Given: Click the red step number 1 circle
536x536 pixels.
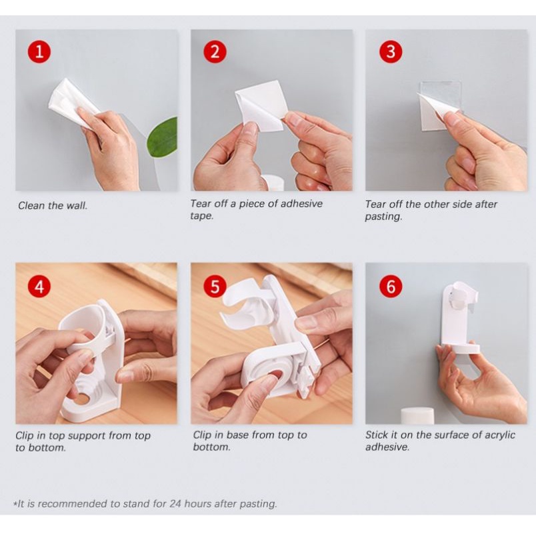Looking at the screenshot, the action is [x=39, y=51].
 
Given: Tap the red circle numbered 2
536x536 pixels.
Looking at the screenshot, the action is [x=215, y=51].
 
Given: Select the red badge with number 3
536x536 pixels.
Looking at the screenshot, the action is [x=391, y=51].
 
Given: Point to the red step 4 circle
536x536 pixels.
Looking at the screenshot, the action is [x=39, y=286].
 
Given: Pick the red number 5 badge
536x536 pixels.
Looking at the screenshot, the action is [x=215, y=286].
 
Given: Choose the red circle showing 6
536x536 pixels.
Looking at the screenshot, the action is [x=391, y=286].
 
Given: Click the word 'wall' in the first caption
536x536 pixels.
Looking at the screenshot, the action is [x=77, y=205].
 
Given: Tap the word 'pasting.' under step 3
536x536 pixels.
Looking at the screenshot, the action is [x=383, y=217].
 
